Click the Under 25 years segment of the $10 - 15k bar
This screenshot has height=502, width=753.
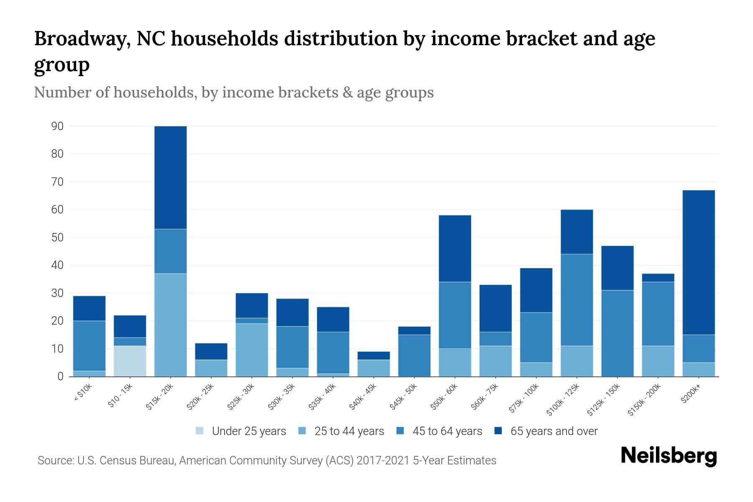(x=130, y=361)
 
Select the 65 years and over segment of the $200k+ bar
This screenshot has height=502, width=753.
(x=698, y=262)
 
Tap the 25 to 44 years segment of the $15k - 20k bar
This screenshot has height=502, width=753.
(x=170, y=325)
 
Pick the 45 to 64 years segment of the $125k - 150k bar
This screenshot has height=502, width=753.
(x=617, y=333)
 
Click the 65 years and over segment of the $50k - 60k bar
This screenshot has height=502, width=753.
(x=455, y=248)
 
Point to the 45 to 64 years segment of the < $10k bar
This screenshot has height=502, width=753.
(x=89, y=346)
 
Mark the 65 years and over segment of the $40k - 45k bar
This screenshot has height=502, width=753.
(x=374, y=356)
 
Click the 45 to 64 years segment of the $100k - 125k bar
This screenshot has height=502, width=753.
(x=576, y=300)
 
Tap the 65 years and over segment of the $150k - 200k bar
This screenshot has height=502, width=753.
(x=658, y=278)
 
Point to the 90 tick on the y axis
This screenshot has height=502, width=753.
(x=57, y=126)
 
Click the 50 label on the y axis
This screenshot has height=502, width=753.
(x=57, y=238)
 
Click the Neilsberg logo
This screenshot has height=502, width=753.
(x=668, y=456)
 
